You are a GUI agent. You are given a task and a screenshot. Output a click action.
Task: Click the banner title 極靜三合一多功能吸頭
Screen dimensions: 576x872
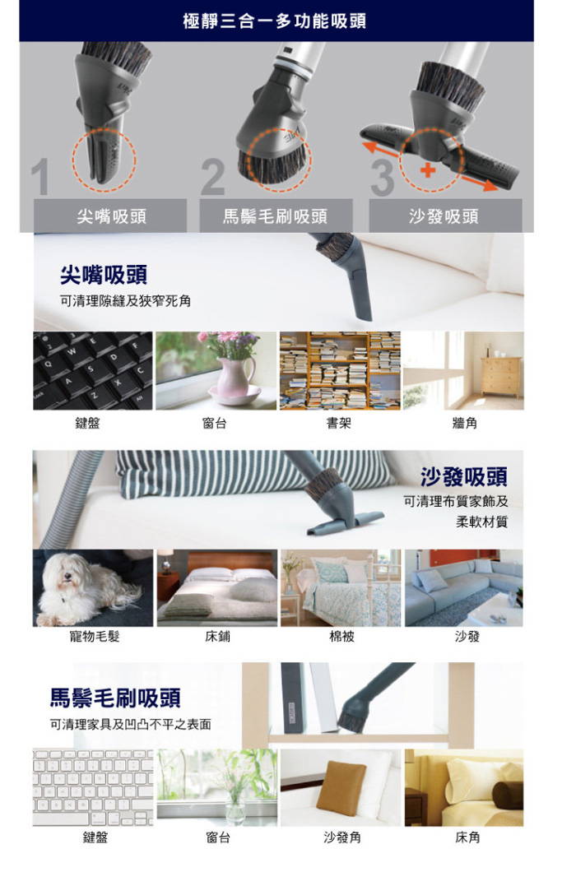[x=274, y=21]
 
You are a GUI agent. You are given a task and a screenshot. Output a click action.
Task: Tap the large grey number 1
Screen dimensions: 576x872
[x=40, y=177]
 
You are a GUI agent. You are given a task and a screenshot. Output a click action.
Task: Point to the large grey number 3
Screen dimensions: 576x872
[x=383, y=178]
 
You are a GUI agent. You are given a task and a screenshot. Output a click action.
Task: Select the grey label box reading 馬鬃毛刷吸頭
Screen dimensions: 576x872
[x=276, y=216]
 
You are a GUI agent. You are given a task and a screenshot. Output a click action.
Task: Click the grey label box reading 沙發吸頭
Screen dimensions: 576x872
[x=445, y=216]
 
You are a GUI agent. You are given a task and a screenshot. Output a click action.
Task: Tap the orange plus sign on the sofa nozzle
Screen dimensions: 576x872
[x=427, y=169]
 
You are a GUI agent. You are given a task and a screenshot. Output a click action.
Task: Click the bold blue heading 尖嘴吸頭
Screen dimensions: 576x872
[x=104, y=275]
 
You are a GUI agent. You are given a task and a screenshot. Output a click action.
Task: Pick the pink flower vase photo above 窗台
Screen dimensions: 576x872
[x=216, y=371]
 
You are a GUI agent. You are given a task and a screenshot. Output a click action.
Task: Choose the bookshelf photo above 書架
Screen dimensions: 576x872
[x=340, y=371]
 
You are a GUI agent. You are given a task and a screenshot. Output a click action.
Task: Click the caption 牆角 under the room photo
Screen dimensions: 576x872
[x=465, y=424]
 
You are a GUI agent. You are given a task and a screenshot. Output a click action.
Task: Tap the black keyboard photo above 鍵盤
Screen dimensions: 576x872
[x=92, y=371]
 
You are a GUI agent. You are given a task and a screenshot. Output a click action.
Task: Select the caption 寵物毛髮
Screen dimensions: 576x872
[x=95, y=636]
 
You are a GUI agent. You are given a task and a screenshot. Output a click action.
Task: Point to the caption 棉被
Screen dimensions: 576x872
[x=341, y=636]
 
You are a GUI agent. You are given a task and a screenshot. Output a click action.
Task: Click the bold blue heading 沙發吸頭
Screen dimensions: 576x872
[x=464, y=476]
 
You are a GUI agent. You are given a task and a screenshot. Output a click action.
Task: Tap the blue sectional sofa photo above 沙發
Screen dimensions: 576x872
[x=464, y=588]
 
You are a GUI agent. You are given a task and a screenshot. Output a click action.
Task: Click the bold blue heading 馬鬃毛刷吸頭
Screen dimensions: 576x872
[x=115, y=698]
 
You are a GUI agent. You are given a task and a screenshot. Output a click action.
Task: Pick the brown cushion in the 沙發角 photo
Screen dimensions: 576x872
[x=341, y=788]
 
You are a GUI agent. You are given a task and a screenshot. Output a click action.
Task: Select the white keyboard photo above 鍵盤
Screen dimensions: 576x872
[x=92, y=787]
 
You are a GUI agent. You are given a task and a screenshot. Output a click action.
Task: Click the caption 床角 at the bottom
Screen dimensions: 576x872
[x=467, y=837]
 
